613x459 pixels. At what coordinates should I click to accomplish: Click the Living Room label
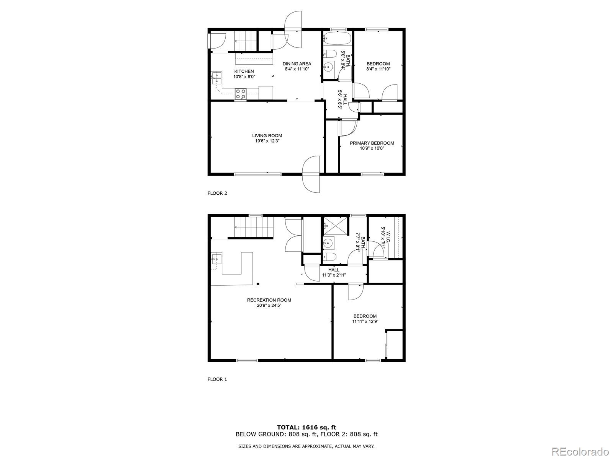[x=267, y=135]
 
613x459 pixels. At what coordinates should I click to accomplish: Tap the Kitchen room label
[x=244, y=71]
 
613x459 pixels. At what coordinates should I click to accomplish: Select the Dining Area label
[x=297, y=63]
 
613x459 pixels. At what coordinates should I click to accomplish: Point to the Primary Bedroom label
[x=372, y=143]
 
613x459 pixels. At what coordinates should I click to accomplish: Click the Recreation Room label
[x=269, y=300]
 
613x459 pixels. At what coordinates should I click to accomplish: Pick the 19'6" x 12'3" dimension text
[x=267, y=141]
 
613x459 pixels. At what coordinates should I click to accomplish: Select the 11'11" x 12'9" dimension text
[x=365, y=322]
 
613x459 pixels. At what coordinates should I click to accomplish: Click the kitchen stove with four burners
[x=241, y=94]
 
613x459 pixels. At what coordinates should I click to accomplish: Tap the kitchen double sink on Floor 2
[x=217, y=78]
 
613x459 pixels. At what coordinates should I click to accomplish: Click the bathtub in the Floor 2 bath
[x=337, y=38]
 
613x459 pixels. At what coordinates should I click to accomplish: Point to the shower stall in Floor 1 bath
[x=336, y=226]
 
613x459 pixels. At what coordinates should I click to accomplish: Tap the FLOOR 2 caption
[x=217, y=193]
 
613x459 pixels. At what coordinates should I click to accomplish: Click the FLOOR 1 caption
[x=217, y=379]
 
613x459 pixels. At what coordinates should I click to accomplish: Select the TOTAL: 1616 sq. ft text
[x=306, y=427]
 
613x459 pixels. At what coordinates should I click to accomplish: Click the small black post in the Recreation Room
[x=258, y=283]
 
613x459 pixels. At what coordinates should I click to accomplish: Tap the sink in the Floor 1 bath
[x=328, y=242]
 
